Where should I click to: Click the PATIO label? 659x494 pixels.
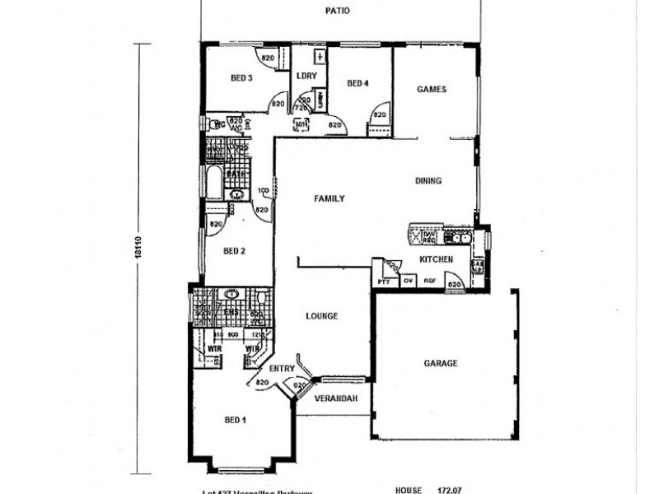pos(339,12)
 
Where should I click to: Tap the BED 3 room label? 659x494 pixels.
pos(241,78)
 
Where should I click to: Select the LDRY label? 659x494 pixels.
pos(306,76)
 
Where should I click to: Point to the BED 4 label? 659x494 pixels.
pos(358,82)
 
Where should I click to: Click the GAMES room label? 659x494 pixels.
pos(431,89)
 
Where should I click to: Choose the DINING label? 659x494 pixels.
pos(429,181)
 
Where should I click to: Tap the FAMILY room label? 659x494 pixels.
pos(329,198)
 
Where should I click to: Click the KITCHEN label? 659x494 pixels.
pos(436,259)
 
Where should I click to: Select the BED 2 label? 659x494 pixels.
pos(234,251)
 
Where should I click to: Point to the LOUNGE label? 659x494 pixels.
pos(322,315)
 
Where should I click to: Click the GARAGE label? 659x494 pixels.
pos(441,362)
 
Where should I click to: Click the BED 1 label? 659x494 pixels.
pos(236,420)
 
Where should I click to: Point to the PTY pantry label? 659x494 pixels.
pos(383,282)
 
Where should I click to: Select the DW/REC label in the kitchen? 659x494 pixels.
pos(428,236)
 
